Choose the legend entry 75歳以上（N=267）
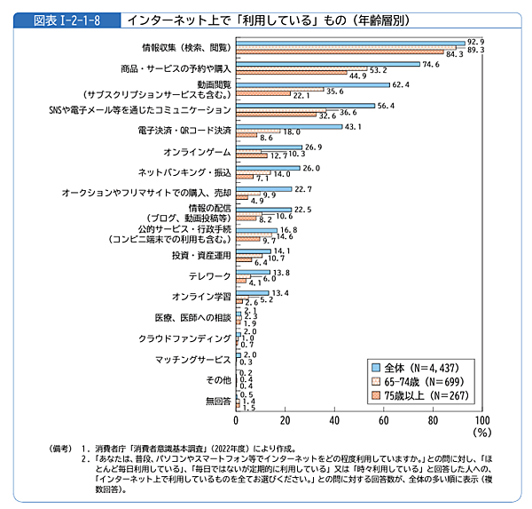point(421,395)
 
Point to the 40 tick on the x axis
point(335,419)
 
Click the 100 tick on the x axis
point(481,419)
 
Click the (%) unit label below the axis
point(481,433)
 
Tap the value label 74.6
point(430,64)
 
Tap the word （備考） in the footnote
point(63,449)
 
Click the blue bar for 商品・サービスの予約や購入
point(327,64)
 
